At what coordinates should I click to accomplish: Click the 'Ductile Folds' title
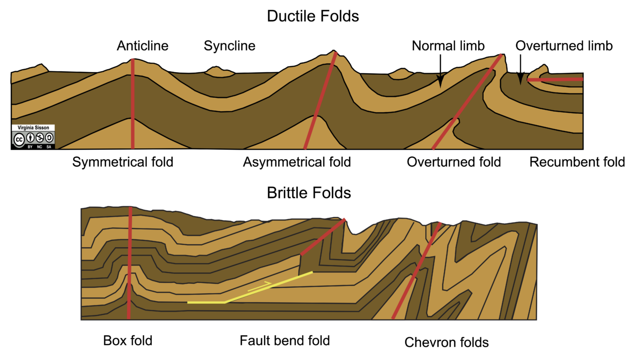click(313, 16)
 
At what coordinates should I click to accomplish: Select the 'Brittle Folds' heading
click(309, 192)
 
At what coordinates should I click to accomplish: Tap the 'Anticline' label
click(142, 46)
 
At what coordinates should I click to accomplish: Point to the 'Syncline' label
click(229, 46)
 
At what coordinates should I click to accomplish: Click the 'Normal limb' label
click(448, 46)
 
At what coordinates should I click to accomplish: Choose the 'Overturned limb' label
click(564, 46)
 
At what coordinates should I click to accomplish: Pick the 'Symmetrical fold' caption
click(123, 162)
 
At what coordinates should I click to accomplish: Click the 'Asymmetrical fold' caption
click(297, 162)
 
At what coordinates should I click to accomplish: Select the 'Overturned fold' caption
click(454, 162)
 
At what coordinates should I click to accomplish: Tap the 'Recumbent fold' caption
click(577, 162)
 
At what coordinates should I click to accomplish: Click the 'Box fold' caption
click(128, 340)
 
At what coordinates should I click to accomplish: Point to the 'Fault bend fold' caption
click(284, 340)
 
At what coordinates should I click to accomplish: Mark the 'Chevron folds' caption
click(447, 342)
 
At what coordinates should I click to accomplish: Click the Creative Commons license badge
click(33, 137)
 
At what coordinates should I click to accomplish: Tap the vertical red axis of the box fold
click(130, 262)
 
